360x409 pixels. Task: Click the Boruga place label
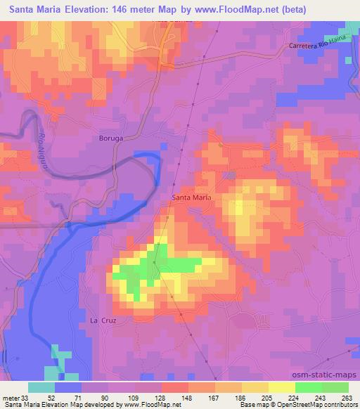pyautogui.click(x=112, y=139)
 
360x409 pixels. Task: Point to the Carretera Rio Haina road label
pyautogui.click(x=318, y=46)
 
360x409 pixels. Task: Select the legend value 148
pyautogui.click(x=167, y=397)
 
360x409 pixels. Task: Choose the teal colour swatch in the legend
pyautogui.click(x=41, y=387)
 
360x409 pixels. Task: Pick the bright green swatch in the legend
pyautogui.click(x=308, y=387)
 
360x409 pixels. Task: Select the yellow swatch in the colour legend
pyautogui.click(x=281, y=387)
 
